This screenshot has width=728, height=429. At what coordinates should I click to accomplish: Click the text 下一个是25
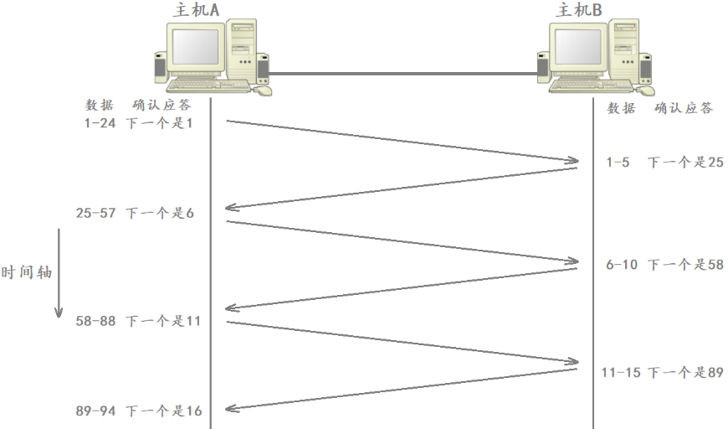(x=685, y=163)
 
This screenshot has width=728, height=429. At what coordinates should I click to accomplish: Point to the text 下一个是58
(x=685, y=265)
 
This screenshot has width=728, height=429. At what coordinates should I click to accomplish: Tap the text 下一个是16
(x=163, y=411)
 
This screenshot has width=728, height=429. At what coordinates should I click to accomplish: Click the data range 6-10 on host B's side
(x=623, y=265)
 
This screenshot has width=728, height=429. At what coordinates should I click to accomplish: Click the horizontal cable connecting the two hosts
(x=402, y=74)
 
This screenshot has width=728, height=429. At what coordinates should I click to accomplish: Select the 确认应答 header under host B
(x=684, y=108)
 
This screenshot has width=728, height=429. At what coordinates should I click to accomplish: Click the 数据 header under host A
(x=99, y=106)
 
